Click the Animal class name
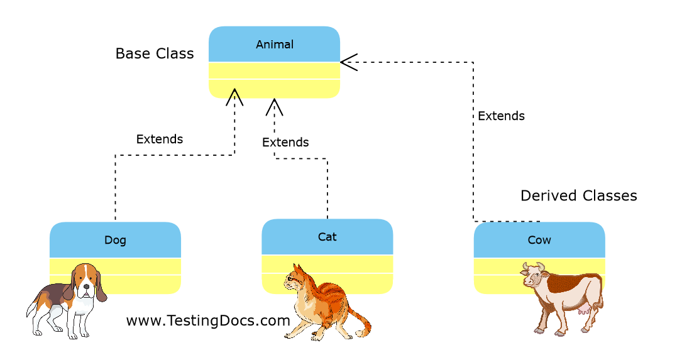tap(275, 45)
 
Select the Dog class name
tap(115, 240)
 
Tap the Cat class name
tap(327, 237)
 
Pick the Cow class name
tap(539, 240)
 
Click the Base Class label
tap(155, 53)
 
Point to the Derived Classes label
tap(578, 195)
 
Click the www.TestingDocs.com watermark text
tap(208, 320)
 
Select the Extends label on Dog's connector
tap(160, 139)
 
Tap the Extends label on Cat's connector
tap(285, 142)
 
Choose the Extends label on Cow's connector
tap(501, 116)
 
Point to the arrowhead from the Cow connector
tap(348, 62)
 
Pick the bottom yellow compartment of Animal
tap(274, 89)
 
